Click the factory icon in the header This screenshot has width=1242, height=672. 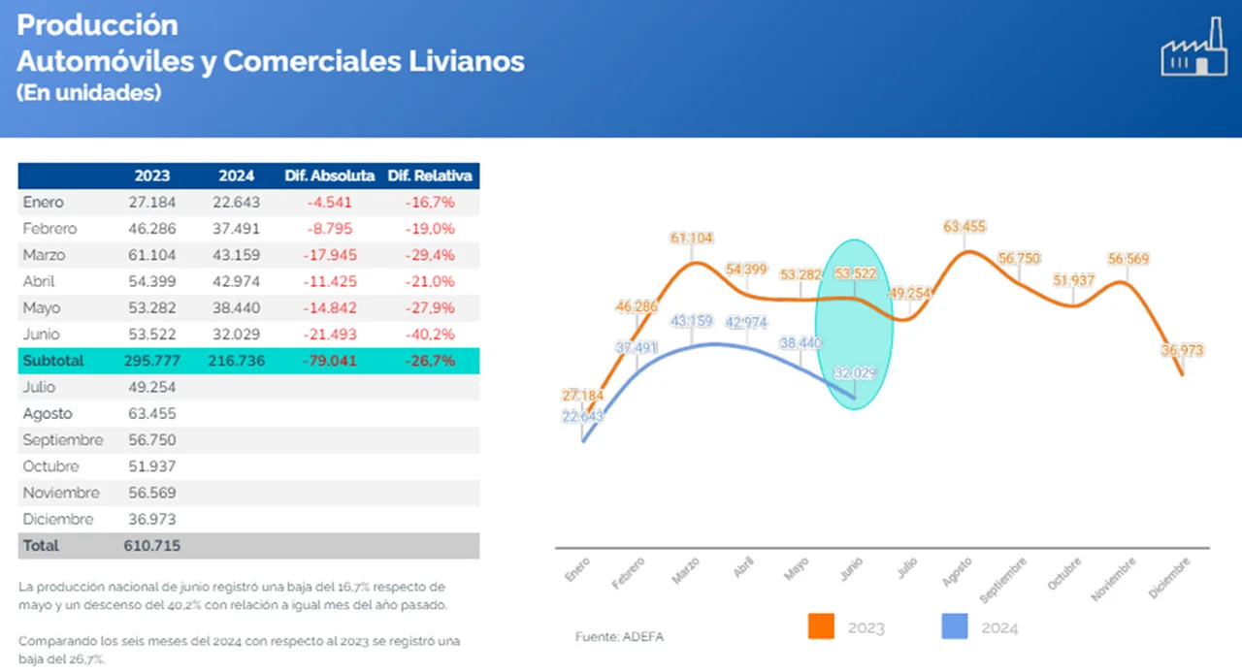[x=1193, y=48]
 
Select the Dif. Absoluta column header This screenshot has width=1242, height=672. [x=329, y=176]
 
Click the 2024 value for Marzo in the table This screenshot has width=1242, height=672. [x=236, y=255]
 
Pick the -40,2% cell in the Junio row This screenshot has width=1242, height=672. [x=429, y=334]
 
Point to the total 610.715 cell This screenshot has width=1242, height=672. [x=152, y=546]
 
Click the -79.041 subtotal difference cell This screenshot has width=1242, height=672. [x=330, y=361]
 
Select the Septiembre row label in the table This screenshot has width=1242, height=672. [x=63, y=440]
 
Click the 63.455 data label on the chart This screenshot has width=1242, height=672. [x=964, y=227]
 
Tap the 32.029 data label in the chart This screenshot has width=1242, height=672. [x=855, y=373]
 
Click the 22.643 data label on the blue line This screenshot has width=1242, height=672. [x=582, y=416]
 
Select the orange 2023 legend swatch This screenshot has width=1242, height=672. [x=821, y=626]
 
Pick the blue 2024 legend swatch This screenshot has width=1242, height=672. [x=955, y=626]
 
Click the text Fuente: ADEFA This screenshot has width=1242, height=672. [x=619, y=637]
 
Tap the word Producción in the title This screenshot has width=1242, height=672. [x=97, y=25]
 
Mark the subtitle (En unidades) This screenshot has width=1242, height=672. [x=88, y=93]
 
